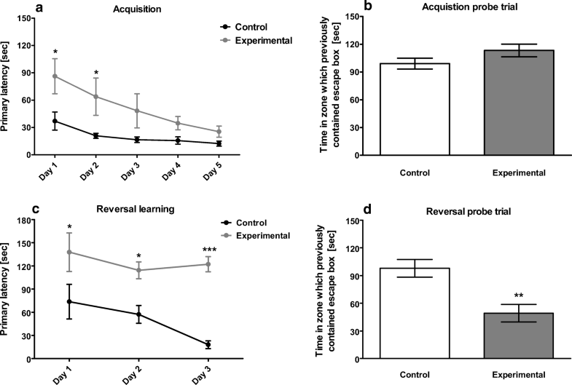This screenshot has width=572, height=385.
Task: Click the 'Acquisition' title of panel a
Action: (x=122, y=10)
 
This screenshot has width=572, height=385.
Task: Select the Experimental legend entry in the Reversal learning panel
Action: (x=263, y=235)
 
